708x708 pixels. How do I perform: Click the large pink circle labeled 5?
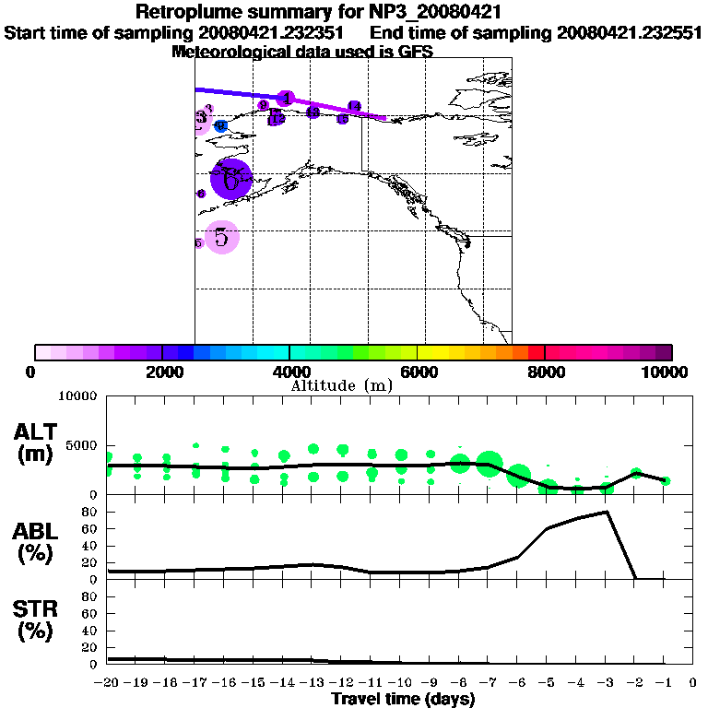pyautogui.click(x=221, y=238)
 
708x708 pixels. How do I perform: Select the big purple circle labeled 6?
pyautogui.click(x=231, y=178)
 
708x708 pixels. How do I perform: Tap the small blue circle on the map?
pyautogui.click(x=220, y=126)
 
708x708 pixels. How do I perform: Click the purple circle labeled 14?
pyautogui.click(x=354, y=107)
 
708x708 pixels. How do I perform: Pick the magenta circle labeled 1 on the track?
pyautogui.click(x=286, y=99)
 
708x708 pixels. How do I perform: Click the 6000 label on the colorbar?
pyautogui.click(x=419, y=372)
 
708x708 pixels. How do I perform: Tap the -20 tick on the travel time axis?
pyautogui.click(x=108, y=683)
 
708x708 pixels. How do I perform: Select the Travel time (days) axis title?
pyautogui.click(x=403, y=700)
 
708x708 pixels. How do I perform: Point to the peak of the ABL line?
pyautogui.click(x=607, y=512)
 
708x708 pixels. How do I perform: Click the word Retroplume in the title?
pyautogui.click(x=185, y=12)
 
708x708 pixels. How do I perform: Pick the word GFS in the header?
pyautogui.click(x=415, y=52)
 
